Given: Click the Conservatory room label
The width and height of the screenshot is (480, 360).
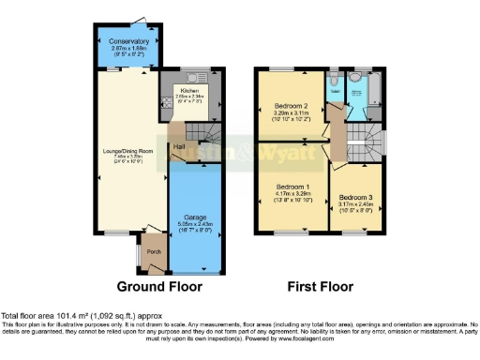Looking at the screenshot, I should pyautogui.click(x=127, y=42).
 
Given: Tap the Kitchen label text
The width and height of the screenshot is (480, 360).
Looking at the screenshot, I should pyautogui.click(x=176, y=90).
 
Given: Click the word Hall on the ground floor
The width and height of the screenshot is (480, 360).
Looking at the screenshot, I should pyautogui.click(x=178, y=146).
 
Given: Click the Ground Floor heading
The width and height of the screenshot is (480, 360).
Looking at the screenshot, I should pyautogui.click(x=156, y=286).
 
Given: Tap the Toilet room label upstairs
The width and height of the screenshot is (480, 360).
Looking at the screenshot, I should pyautogui.click(x=333, y=92).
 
